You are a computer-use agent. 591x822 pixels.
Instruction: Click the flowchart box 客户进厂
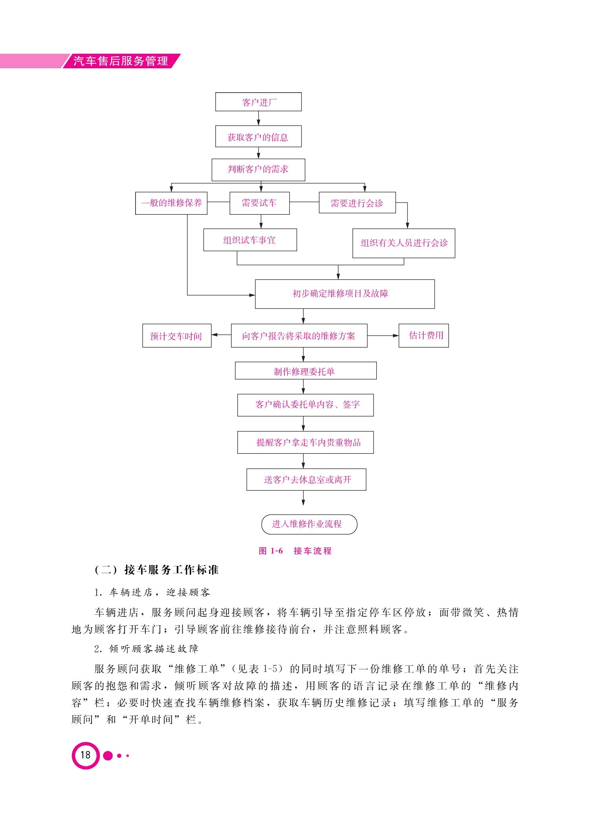click(258, 102)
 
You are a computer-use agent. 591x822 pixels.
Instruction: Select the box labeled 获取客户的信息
click(258, 136)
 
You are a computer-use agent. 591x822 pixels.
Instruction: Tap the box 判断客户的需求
click(258, 170)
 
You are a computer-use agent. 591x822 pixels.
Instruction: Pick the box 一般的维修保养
click(171, 203)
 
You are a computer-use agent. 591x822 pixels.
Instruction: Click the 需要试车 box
click(259, 203)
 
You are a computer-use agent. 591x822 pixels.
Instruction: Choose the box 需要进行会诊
click(357, 203)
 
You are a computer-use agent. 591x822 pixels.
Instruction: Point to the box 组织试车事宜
click(250, 240)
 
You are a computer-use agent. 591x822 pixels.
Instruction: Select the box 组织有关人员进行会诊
click(404, 243)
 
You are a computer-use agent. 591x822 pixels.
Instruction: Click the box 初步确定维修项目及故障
click(345, 294)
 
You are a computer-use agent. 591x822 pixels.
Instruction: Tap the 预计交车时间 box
click(177, 336)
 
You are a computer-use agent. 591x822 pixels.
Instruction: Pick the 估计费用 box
click(424, 336)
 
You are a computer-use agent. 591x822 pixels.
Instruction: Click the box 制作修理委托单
click(306, 371)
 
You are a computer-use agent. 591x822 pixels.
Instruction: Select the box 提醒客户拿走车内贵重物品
click(305, 442)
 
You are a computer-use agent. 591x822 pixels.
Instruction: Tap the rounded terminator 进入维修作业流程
click(309, 524)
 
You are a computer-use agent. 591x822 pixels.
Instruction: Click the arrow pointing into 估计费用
click(383, 336)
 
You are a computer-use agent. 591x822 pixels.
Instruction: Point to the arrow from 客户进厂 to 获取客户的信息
click(258, 118)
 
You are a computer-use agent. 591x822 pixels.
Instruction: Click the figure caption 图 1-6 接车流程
click(295, 551)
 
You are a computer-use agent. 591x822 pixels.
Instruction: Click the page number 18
click(85, 755)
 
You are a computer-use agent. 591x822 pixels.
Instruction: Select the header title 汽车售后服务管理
click(121, 61)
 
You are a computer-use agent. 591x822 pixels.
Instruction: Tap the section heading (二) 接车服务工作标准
click(156, 570)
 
